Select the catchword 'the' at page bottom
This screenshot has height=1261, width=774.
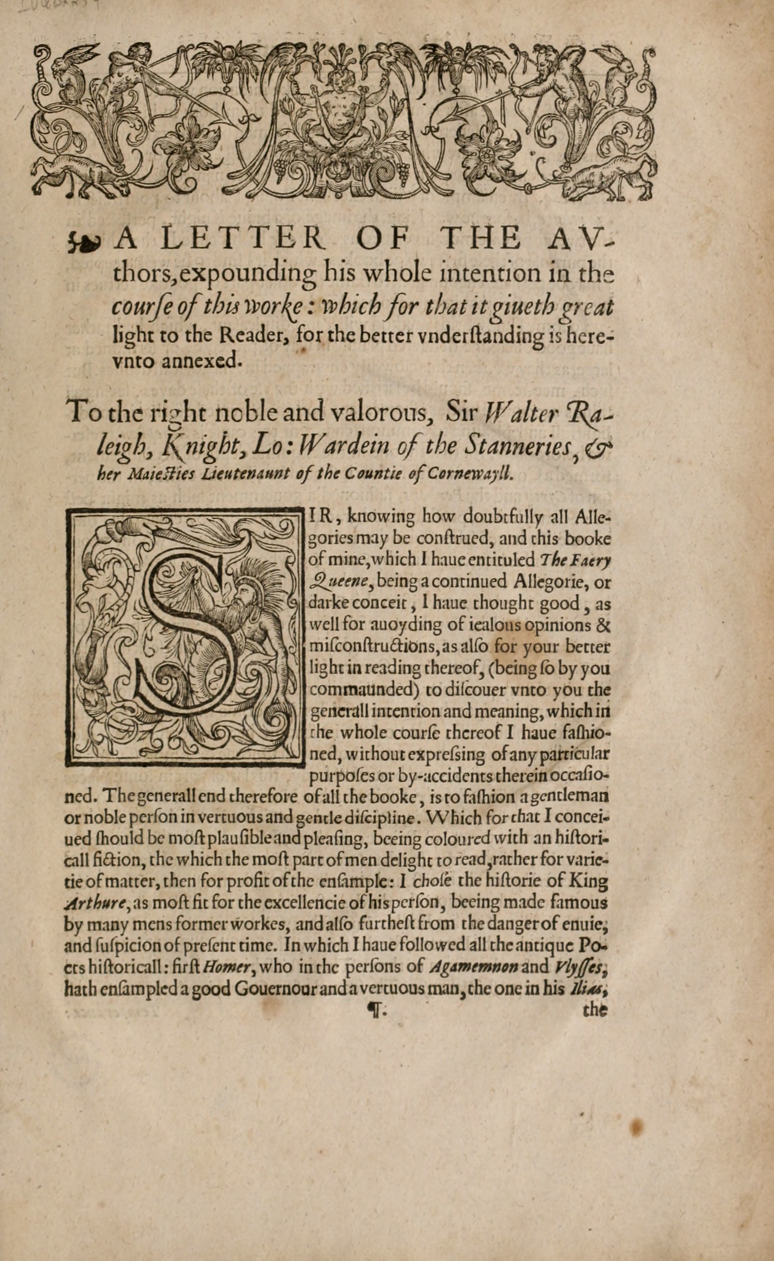[595, 1011]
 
